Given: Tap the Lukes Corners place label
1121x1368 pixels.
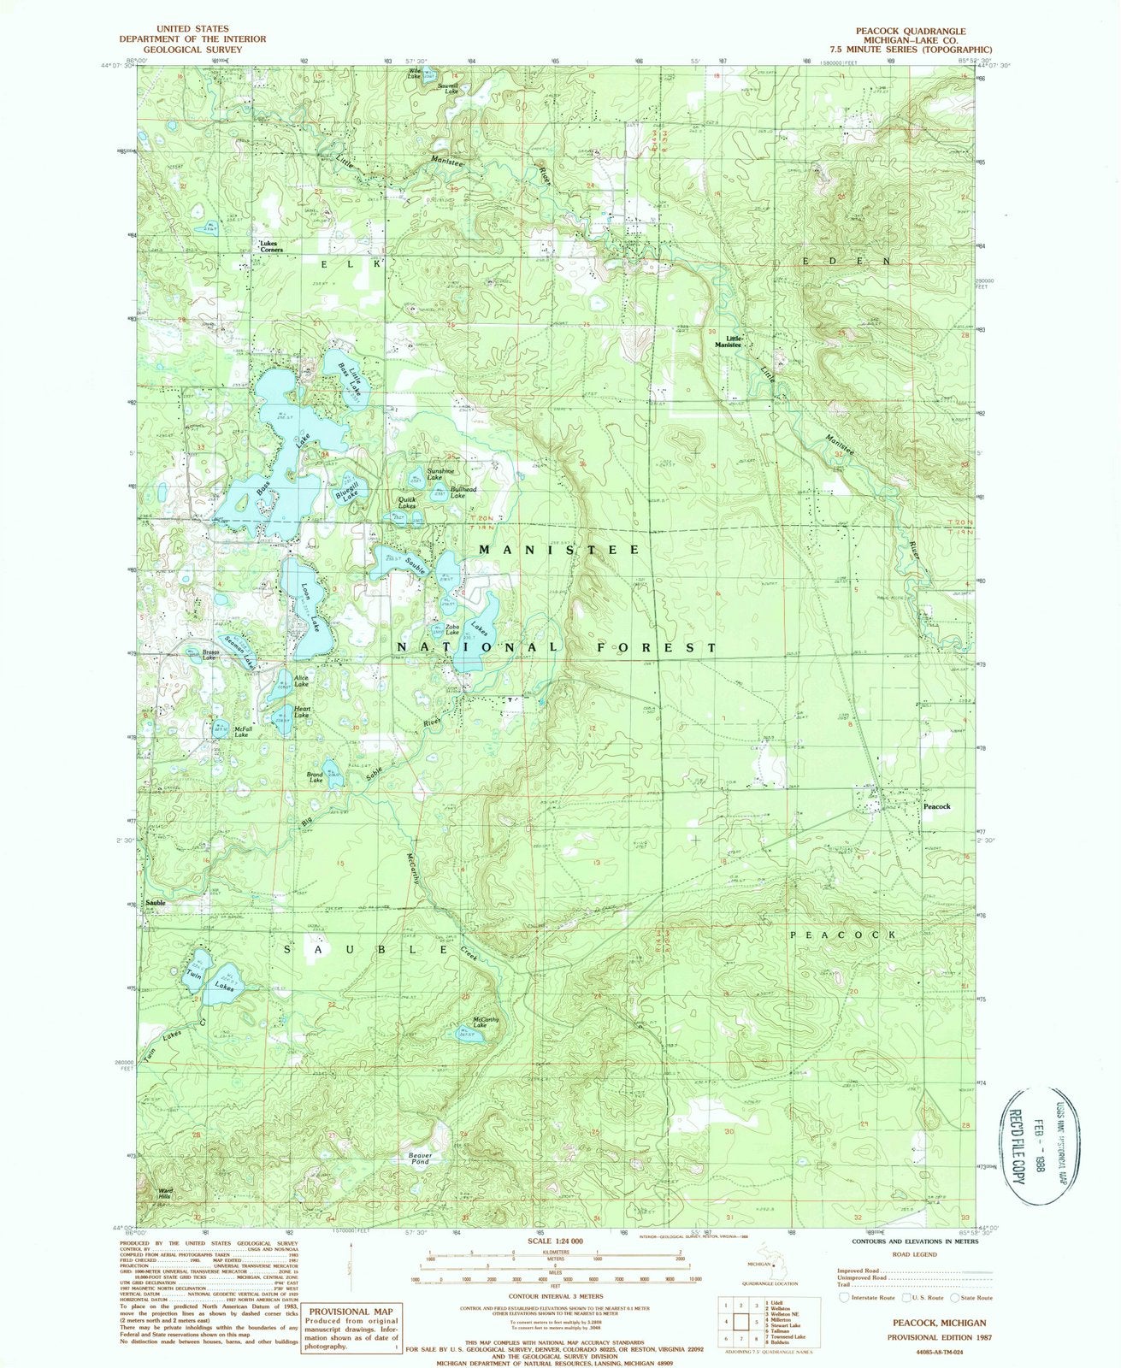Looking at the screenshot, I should pos(268,246).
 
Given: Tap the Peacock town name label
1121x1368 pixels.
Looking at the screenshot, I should pos(936,806).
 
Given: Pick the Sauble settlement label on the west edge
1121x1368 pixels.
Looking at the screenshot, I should pos(156,903).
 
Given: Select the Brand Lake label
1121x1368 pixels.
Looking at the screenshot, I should pos(316,777).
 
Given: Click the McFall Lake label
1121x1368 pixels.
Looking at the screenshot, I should pos(241,731).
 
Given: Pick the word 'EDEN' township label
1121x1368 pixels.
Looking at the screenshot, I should pos(847,260).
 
